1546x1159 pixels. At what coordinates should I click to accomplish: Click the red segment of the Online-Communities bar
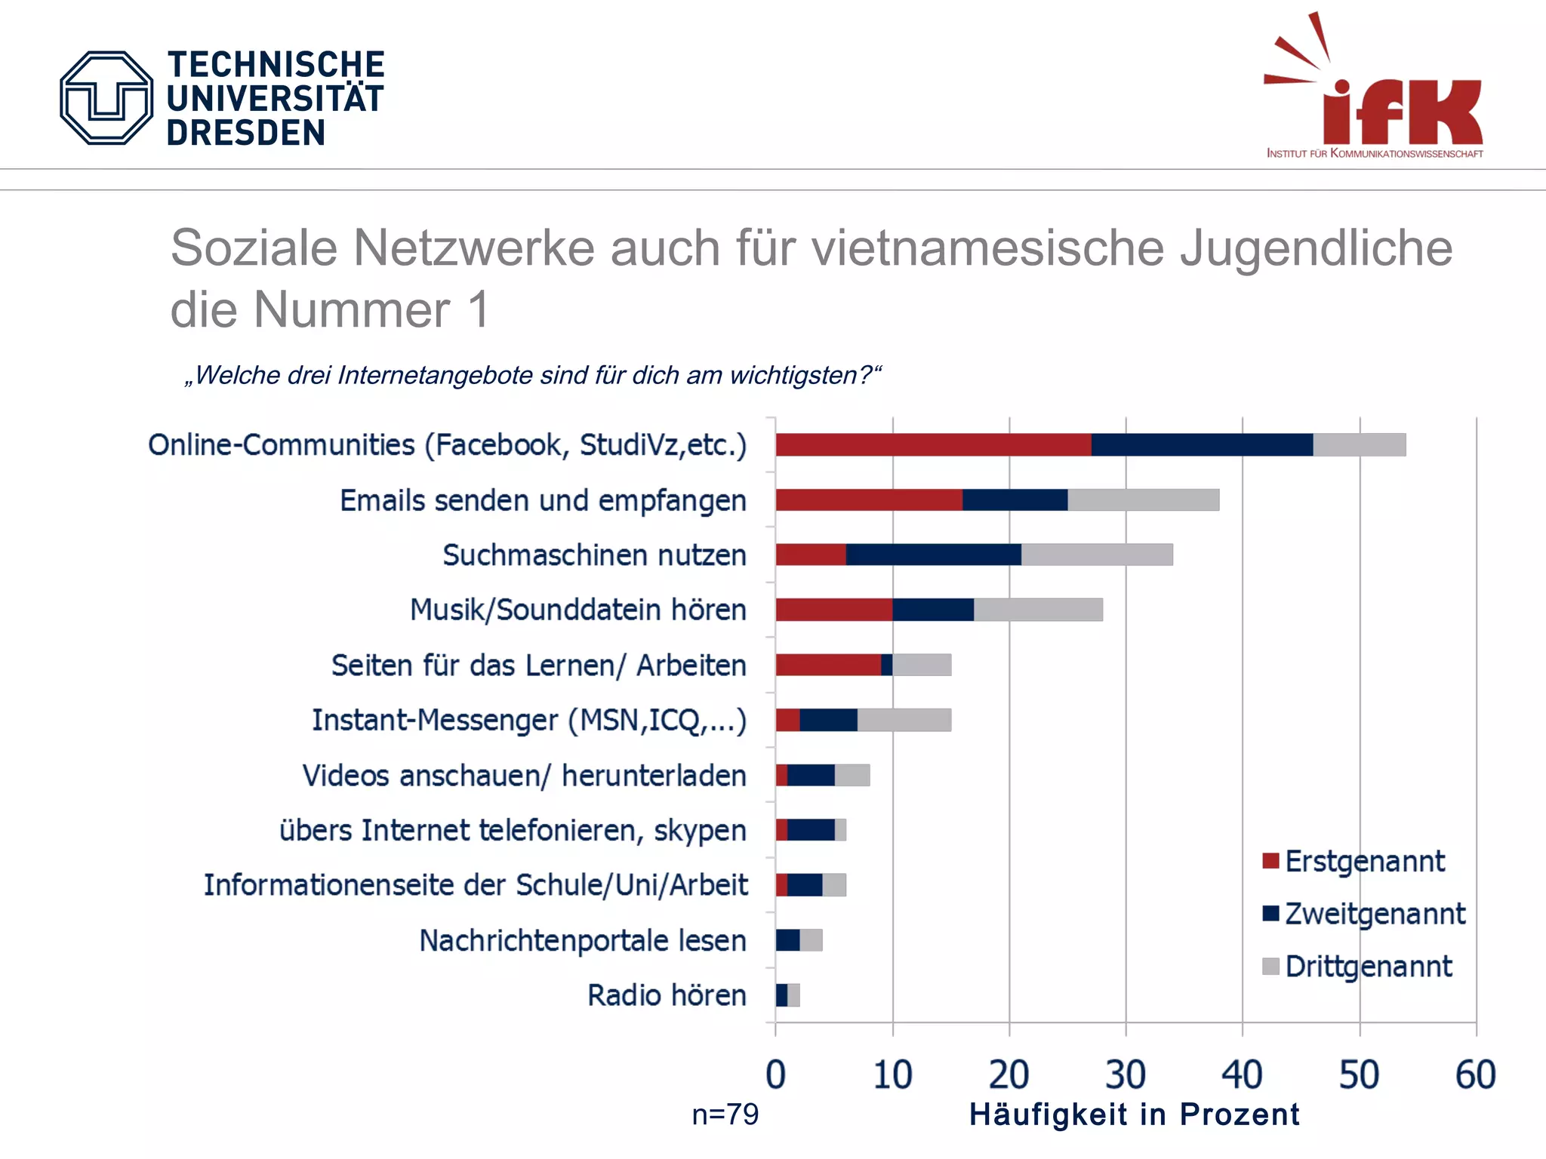[933, 445]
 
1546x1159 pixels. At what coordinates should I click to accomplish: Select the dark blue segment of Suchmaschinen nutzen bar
[933, 555]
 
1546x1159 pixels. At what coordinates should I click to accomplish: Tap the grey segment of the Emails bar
[1143, 500]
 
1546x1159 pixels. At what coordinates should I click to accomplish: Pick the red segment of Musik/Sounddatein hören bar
[833, 610]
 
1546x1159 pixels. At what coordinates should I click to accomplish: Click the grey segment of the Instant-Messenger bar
[904, 721]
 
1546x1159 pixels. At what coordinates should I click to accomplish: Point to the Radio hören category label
[667, 995]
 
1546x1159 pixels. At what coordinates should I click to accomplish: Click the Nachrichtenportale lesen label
[582, 941]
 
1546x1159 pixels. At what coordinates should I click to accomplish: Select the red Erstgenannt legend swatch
[1270, 861]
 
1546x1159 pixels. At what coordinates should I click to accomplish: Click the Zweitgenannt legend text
[1375, 914]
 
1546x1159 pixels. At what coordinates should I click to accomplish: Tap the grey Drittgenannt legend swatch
[1270, 967]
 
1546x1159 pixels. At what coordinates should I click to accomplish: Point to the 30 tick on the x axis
[1125, 1074]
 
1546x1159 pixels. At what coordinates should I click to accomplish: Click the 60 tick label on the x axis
[1475, 1074]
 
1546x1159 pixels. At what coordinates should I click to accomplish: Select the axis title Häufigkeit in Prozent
[1134, 1114]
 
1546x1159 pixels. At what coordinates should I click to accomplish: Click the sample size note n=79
[725, 1114]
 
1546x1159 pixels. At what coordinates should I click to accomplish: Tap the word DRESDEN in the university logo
[245, 133]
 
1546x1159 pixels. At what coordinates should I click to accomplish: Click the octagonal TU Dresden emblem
[106, 98]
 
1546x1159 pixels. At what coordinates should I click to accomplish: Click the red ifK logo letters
[1403, 112]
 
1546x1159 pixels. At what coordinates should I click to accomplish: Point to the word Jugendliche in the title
[1316, 247]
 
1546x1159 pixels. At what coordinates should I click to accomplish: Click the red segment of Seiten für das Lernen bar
[827, 665]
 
